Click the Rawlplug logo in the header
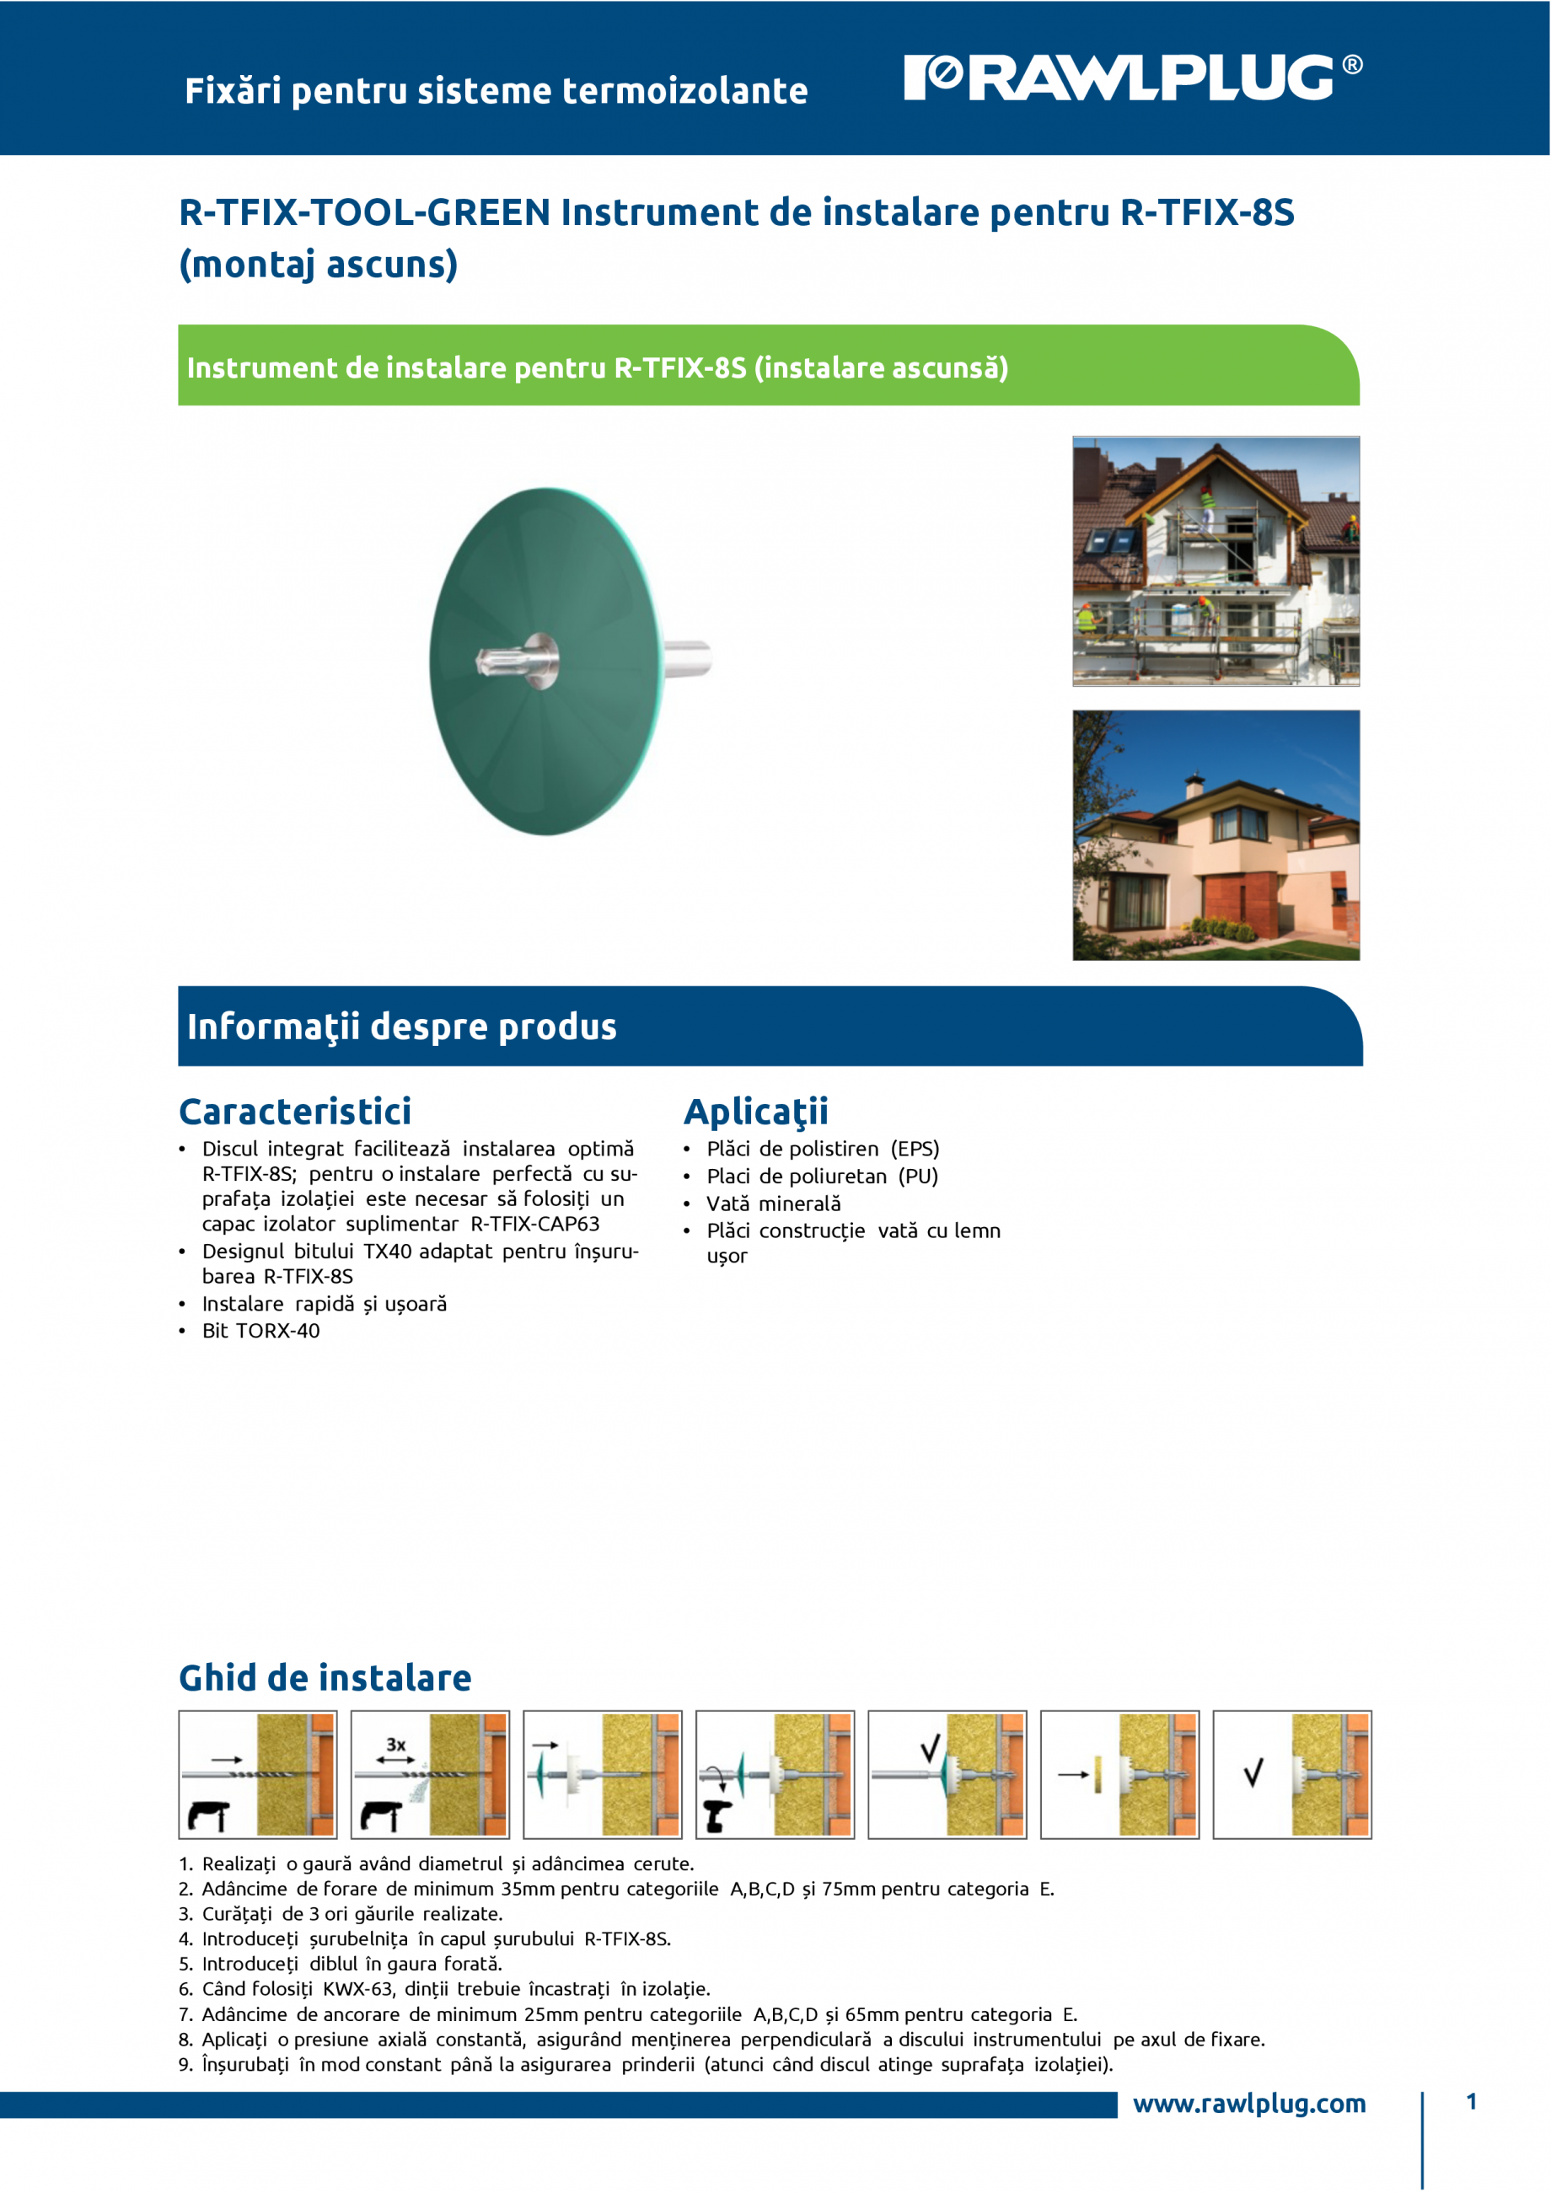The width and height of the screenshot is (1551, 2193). tap(1133, 78)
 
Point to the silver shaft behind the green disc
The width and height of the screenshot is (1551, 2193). tap(687, 657)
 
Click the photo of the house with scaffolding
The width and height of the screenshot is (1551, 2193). tap(1216, 561)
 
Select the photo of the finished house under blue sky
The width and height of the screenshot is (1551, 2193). tap(1216, 834)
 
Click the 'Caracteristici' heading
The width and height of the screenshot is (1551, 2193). tap(295, 1111)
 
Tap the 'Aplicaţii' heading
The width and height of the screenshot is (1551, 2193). tap(755, 1112)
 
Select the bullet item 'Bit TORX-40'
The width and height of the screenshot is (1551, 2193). tap(260, 1331)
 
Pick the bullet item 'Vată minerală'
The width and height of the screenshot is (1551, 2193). tap(774, 1204)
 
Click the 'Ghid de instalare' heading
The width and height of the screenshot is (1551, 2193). tap(325, 1677)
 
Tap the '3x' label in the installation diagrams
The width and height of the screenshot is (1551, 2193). tap(395, 1744)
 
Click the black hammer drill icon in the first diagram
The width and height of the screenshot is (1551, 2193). tap(209, 1815)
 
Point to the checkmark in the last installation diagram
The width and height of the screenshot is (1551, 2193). tap(1253, 1772)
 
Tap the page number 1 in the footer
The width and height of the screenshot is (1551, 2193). tap(1472, 2101)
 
